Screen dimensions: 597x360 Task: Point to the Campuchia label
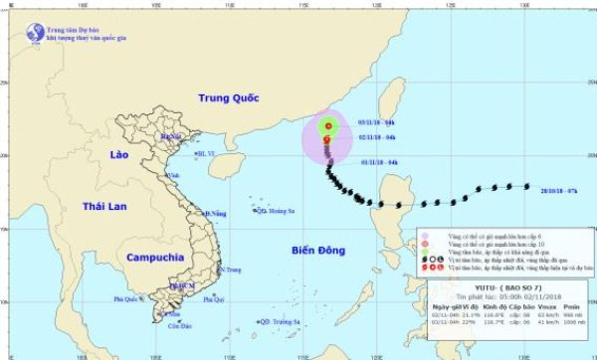click(153, 257)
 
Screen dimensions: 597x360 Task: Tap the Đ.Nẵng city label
click(216, 213)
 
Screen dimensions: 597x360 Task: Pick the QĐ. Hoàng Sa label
click(277, 211)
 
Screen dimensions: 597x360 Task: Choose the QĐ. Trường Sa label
click(284, 321)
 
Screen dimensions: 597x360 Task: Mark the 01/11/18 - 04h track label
click(379, 162)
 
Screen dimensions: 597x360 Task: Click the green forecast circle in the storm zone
click(327, 126)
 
